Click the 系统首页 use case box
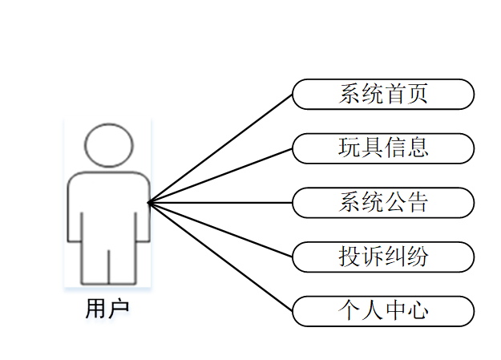point(383,94)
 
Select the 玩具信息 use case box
point(383,148)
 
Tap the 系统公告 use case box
point(383,202)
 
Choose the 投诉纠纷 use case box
point(383,257)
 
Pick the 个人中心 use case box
point(383,311)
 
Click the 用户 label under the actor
point(107,309)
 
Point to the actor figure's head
point(108,145)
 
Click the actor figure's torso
point(108,204)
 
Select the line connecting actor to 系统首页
point(220,148)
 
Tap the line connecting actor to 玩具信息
point(220,176)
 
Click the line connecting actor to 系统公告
point(220,203)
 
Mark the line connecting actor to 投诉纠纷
point(220,230)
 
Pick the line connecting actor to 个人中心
point(220,257)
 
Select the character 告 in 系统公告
point(417,202)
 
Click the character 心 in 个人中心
point(417,311)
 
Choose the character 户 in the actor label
point(119,309)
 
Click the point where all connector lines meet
point(149,203)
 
